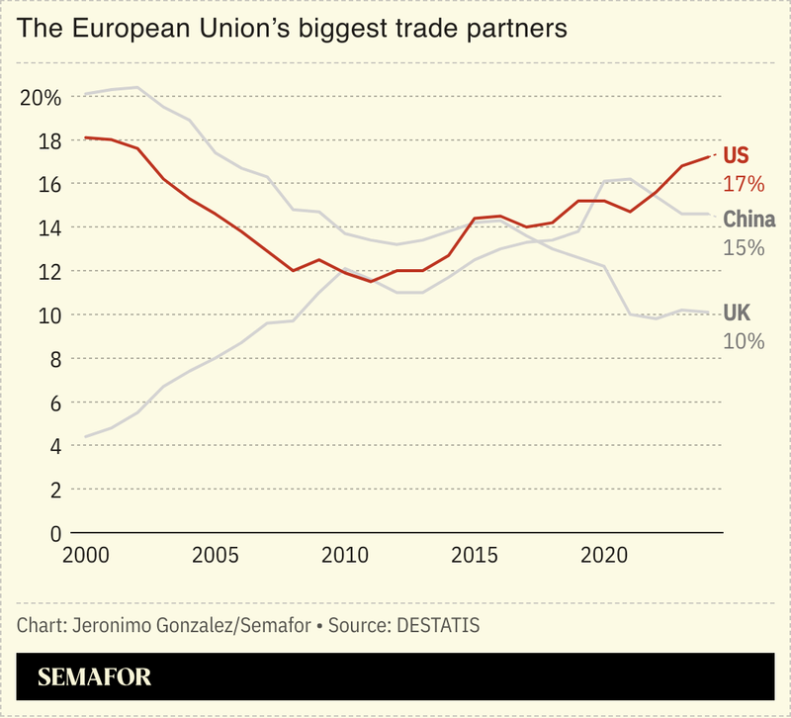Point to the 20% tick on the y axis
pos(41,98)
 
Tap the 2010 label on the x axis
pos(345,556)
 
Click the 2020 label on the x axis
pos(604,556)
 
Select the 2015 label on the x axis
pos(475,556)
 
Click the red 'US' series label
pos(737,156)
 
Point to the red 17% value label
pos(744,184)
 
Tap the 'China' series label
pos(748,220)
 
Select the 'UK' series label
pos(737,314)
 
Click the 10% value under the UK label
pos(744,341)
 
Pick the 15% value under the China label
pos(744,247)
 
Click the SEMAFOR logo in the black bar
pos(95,677)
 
